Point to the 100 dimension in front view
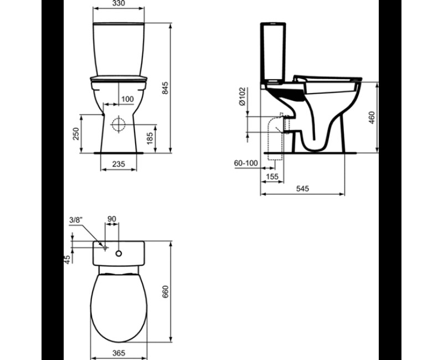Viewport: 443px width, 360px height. click(127, 99)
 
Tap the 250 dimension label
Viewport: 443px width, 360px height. click(77, 133)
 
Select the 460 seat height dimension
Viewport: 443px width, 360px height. click(372, 117)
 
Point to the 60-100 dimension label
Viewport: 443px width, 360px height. click(246, 163)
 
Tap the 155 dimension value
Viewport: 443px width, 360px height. click(271, 176)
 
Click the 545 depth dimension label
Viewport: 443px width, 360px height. click(302, 189)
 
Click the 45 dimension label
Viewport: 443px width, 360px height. click(68, 259)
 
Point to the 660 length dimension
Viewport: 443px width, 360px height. click(164, 291)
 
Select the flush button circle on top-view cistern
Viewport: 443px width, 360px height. click(118, 253)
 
